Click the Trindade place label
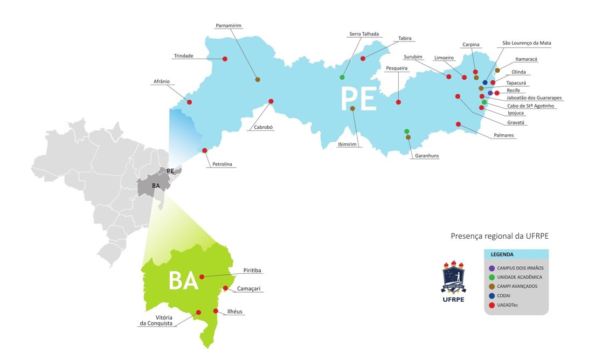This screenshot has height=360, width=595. coord(183,56)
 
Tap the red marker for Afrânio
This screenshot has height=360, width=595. coord(189,102)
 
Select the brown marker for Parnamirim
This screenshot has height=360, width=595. coord(258,80)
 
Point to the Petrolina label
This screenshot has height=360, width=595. coord(223,164)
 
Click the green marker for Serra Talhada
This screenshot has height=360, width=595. coord(342,78)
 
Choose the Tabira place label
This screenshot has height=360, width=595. coord(405,38)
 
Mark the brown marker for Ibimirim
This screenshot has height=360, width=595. coord(352,108)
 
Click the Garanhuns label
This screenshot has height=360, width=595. coord(427,156)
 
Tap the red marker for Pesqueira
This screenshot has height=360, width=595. coord(398,102)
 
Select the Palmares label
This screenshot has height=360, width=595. coord(504,135)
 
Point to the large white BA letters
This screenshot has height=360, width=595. coord(183,281)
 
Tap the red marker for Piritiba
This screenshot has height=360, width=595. coord(202,277)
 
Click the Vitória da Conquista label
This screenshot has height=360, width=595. coord(156,320)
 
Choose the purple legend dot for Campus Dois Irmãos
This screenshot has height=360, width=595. coord(492,268)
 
